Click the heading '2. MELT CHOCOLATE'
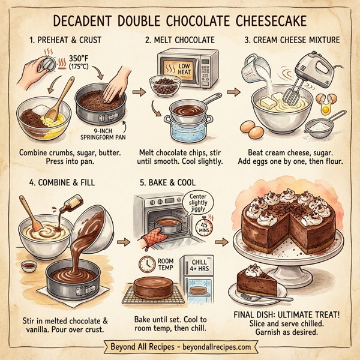pos(180,41)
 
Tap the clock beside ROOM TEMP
pos(147,263)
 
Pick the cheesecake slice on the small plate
pos(257,280)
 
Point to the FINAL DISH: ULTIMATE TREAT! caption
pos(289,314)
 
